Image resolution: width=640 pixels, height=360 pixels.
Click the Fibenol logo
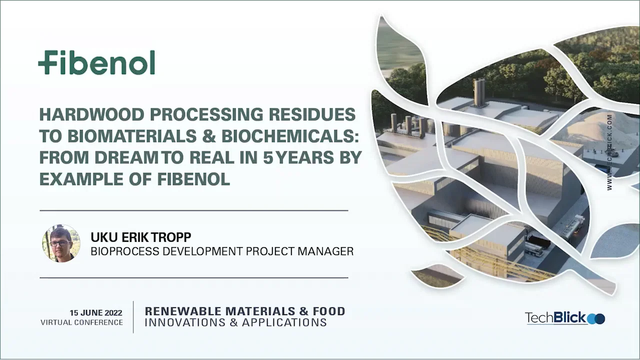96,62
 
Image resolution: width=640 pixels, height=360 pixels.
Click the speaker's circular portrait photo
61,243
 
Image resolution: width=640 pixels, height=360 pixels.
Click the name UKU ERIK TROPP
141,237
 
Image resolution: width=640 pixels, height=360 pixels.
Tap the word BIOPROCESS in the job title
124,251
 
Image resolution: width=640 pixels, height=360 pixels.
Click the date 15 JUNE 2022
96,313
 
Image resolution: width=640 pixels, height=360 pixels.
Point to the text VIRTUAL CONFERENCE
81,322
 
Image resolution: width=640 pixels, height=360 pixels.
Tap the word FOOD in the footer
329,311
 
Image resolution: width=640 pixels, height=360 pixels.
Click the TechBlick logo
564,318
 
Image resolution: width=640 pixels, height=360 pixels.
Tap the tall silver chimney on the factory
479,92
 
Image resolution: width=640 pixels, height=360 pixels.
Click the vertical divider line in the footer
133,317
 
